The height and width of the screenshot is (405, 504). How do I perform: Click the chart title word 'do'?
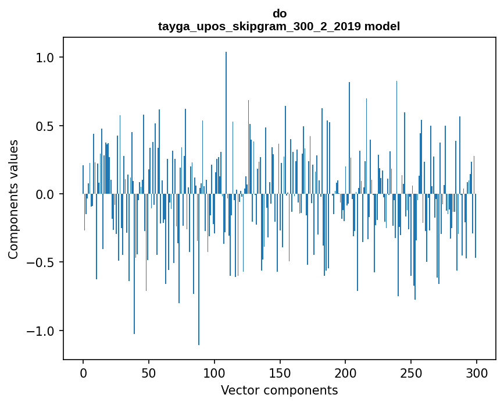[279, 13]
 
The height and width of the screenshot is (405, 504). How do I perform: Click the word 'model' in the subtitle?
[382, 26]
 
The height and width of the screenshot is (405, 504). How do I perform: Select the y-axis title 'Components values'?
[13, 199]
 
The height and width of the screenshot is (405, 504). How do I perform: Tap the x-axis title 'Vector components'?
[279, 390]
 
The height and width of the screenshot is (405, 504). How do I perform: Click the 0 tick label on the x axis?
[83, 372]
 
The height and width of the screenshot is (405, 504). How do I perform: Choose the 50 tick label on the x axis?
[149, 372]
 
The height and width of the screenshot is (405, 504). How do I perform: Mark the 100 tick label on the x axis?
[215, 372]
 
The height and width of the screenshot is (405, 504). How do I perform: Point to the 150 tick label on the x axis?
[280, 372]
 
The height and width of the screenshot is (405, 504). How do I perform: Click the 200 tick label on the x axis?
[345, 372]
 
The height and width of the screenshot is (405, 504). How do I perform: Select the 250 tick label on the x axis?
[411, 372]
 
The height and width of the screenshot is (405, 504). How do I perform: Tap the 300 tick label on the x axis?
[477, 372]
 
